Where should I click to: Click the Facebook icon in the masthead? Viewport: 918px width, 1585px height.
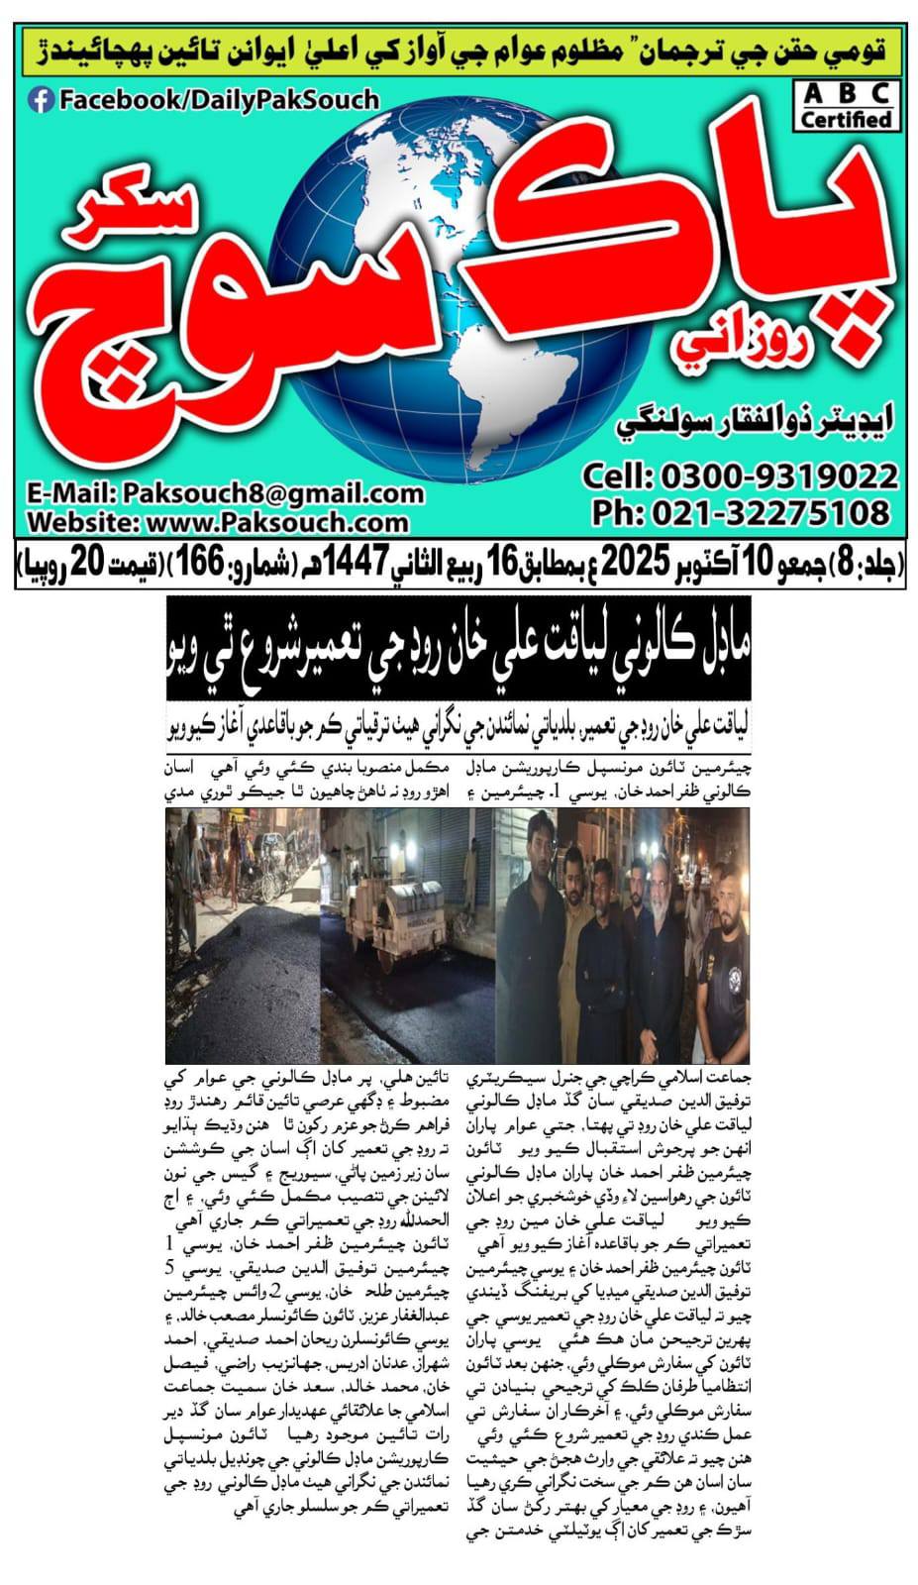pyautogui.click(x=41, y=100)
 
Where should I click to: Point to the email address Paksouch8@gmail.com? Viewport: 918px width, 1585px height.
pyautogui.click(x=271, y=493)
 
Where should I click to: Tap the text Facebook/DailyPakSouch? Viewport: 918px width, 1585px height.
pyautogui.click(x=219, y=100)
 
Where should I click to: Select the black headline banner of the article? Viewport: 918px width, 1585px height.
pyautogui.click(x=458, y=650)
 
